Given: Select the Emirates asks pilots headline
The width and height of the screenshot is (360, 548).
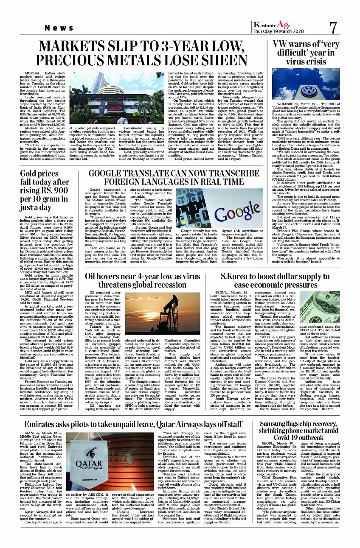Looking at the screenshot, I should (133, 424).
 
